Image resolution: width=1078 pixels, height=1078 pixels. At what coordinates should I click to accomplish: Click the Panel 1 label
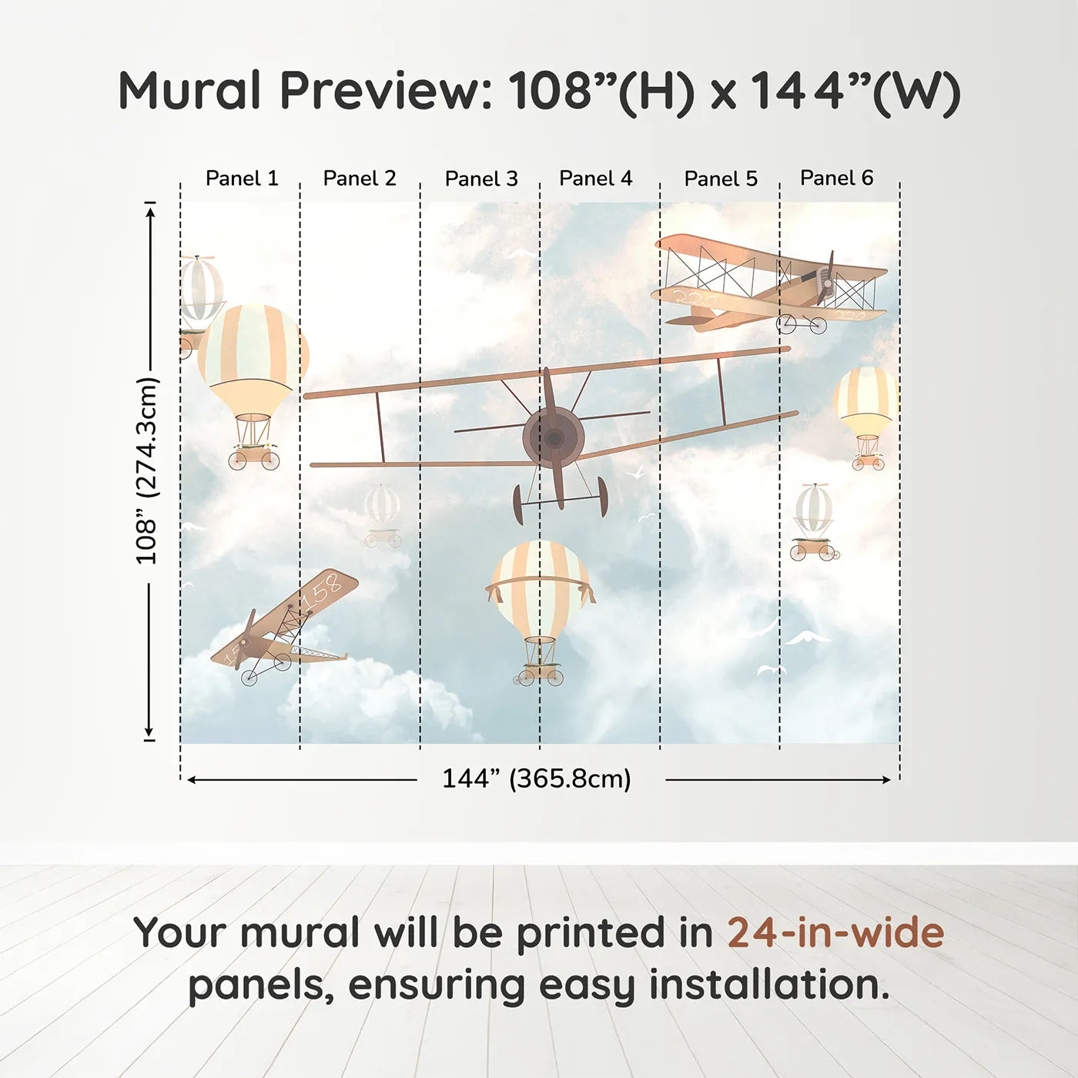pos(241,179)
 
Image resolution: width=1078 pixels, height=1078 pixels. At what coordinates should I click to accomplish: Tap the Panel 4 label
pos(595,179)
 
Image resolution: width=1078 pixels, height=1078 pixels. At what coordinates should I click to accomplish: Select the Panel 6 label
pos(836,178)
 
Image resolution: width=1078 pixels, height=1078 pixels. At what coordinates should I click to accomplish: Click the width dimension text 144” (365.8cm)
pos(536,778)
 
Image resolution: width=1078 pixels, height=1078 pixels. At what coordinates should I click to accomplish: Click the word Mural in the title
pos(189,91)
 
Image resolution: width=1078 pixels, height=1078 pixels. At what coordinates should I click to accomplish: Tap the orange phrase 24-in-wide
pos(835,932)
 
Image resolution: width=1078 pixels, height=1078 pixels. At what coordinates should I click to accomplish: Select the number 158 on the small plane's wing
pos(322,591)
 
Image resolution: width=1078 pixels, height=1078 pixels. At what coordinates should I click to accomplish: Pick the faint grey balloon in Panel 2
pos(382,506)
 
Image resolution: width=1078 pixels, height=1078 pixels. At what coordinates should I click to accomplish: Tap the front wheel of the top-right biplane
pos(786,323)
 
